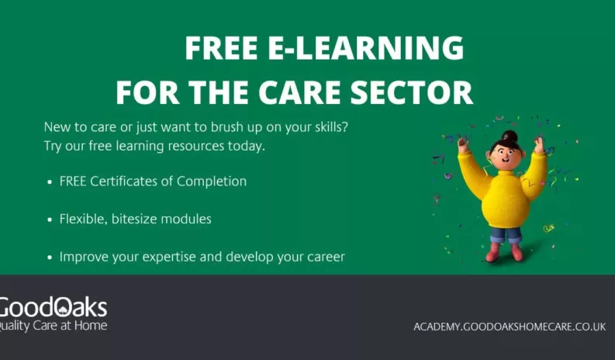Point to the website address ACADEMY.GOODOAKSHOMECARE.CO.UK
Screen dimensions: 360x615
(x=509, y=327)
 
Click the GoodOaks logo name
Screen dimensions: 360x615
(x=53, y=306)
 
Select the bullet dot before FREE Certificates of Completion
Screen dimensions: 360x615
(x=50, y=182)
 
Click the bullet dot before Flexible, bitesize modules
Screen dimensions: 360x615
(x=50, y=220)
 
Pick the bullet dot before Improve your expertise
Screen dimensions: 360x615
(x=50, y=257)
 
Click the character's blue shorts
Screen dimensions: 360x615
(x=506, y=234)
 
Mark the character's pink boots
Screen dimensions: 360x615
(x=505, y=253)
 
